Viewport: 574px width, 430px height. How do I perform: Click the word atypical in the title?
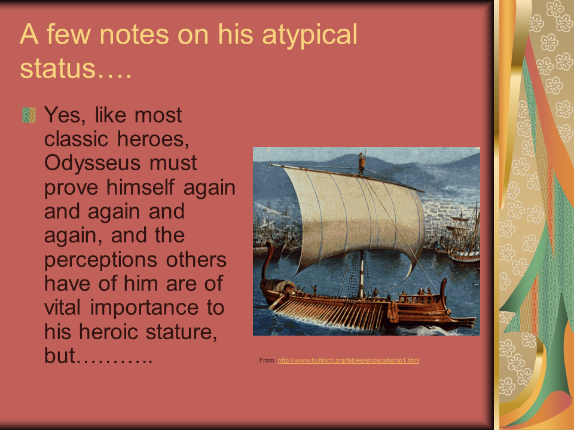[309, 35]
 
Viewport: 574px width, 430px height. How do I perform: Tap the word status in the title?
[57, 69]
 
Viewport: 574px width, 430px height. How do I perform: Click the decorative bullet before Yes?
[29, 115]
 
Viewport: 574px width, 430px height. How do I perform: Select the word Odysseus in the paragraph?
[92, 163]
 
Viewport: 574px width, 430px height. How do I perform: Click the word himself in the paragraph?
[140, 187]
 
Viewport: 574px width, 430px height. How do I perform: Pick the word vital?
[62, 307]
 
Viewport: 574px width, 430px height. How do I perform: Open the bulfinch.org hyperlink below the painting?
[349, 360]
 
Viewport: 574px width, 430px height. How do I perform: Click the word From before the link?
[267, 360]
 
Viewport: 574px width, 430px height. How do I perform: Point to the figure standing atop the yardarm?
[362, 162]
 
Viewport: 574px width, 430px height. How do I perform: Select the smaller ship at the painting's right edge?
[463, 238]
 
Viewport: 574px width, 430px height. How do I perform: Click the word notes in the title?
[135, 35]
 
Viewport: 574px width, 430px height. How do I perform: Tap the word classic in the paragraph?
[76, 139]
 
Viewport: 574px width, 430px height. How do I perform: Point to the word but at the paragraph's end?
[60, 355]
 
